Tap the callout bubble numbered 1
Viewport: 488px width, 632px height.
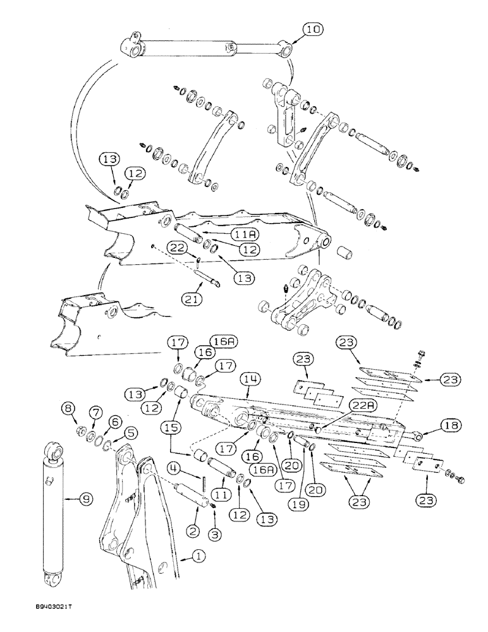point(199,557)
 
